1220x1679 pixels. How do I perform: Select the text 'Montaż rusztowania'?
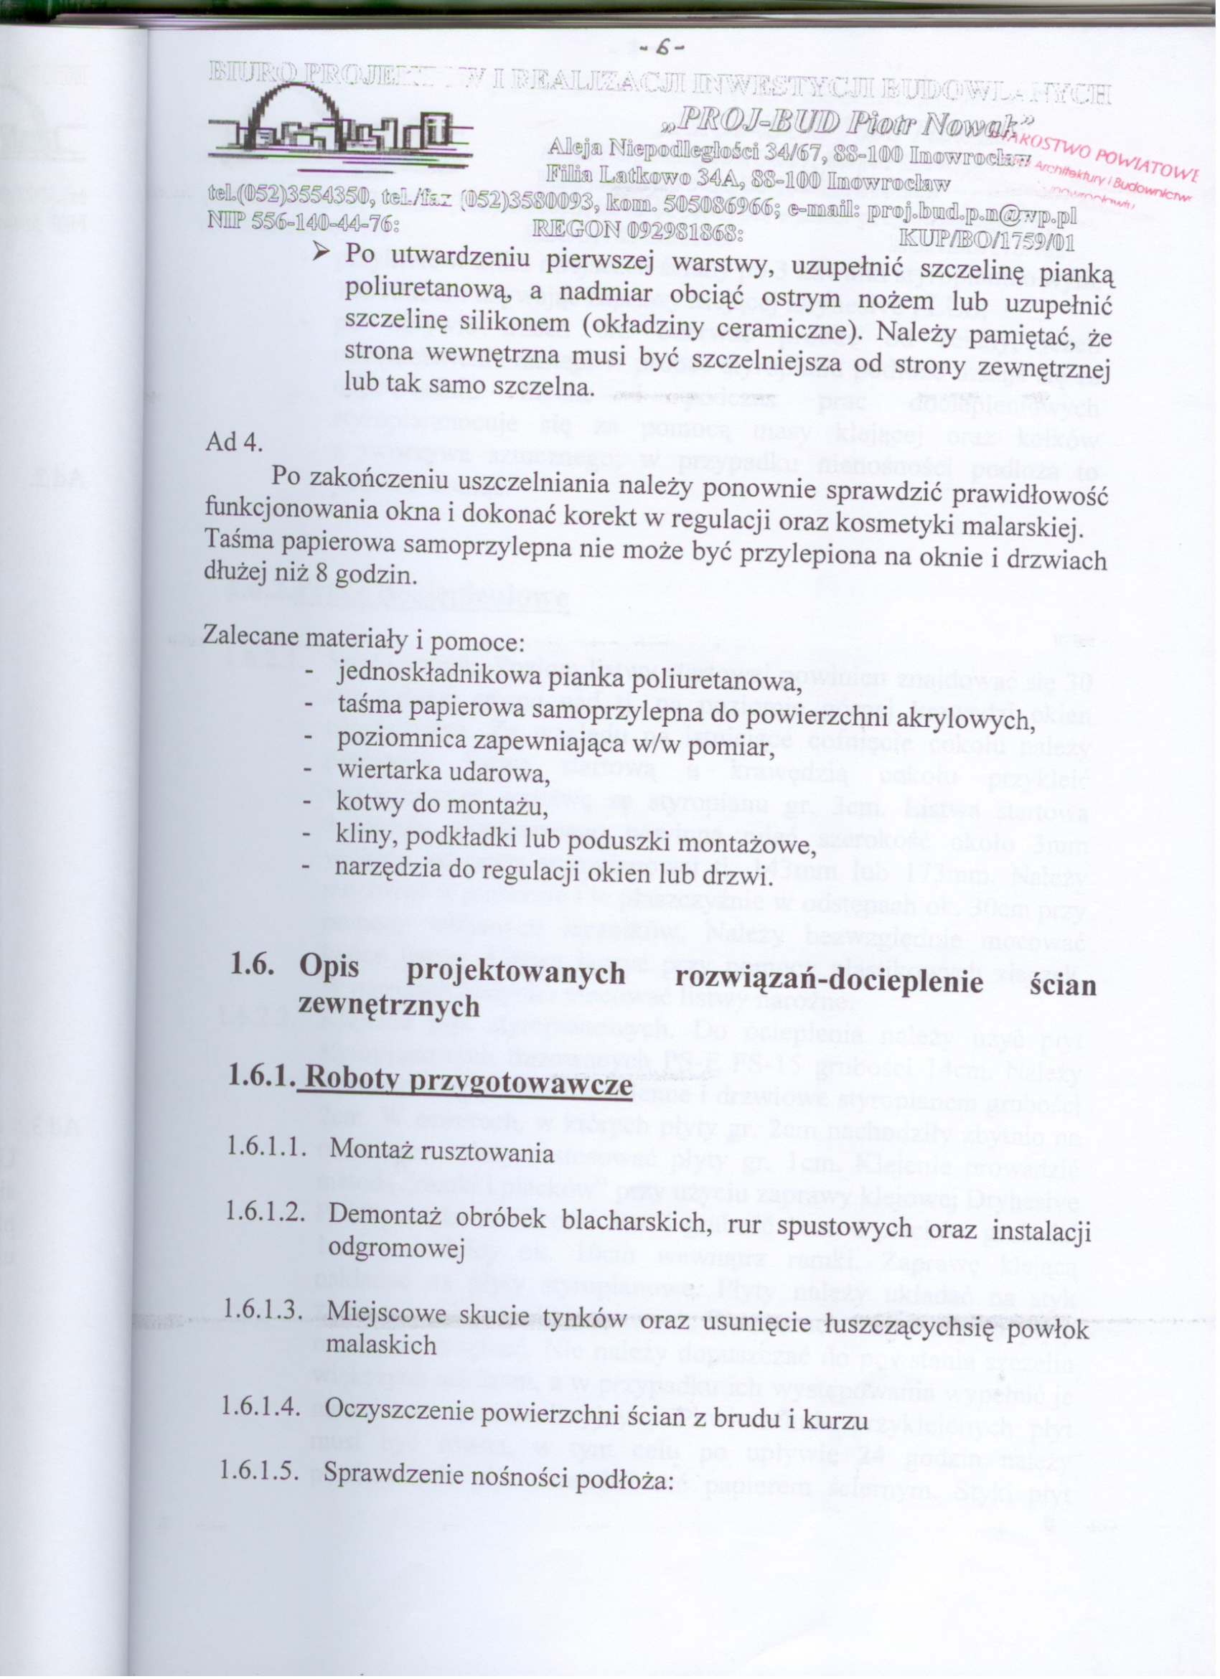click(x=441, y=1152)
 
